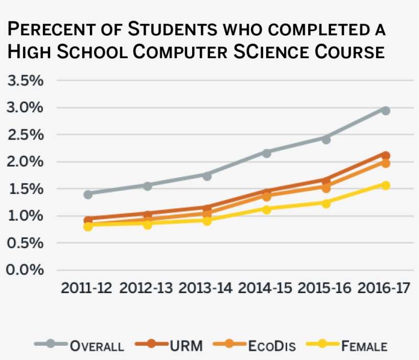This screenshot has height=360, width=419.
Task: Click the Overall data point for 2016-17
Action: click(385, 111)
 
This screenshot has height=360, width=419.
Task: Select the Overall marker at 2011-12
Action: click(88, 194)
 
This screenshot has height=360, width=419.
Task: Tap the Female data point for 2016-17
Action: click(385, 185)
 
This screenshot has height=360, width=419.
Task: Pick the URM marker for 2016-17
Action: click(385, 155)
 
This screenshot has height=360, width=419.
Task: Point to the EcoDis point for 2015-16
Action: click(325, 187)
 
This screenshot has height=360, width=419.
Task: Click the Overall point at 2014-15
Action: click(266, 153)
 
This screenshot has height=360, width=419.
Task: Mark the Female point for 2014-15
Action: click(266, 209)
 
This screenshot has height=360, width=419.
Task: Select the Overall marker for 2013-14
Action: click(207, 176)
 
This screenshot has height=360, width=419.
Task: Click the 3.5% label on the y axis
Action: click(25, 81)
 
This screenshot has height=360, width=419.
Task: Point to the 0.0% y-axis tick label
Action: click(25, 270)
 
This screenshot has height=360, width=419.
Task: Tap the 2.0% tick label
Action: click(25, 162)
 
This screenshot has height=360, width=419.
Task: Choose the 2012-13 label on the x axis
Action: click(147, 289)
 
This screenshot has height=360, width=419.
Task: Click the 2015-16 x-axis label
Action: click(325, 289)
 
